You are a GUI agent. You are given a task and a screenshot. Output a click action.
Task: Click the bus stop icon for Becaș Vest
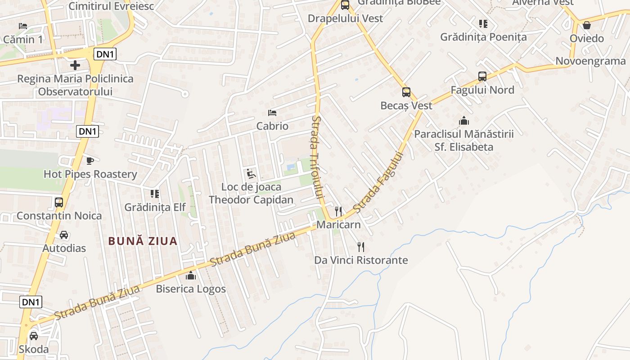coord(406,92)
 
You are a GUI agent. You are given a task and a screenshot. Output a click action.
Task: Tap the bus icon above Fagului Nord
coord(482,76)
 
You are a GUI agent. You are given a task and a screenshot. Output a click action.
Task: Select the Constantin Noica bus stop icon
coord(59,202)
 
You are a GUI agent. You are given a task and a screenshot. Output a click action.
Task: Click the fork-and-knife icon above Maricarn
coord(338,211)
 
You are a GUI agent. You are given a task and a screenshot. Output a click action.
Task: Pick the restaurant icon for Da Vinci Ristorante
coord(360,247)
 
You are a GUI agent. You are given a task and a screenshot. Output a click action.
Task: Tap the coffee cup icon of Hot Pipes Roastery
coord(90,161)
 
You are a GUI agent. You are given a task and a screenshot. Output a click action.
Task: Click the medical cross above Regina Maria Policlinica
coord(75,65)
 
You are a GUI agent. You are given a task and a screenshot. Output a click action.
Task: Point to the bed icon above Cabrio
coord(272,112)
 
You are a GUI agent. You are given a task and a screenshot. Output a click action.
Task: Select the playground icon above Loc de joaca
coord(251,174)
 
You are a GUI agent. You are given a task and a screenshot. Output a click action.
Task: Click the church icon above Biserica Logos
coord(191,275)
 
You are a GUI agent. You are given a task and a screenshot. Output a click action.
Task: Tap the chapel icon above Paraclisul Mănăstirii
coord(463,121)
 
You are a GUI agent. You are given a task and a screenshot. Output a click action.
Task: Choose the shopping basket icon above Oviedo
coord(587,25)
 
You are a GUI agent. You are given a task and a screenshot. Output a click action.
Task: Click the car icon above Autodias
coord(64,235)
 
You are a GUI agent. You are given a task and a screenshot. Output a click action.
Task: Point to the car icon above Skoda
coord(34,336)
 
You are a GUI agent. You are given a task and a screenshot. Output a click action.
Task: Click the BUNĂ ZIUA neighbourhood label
coord(143,241)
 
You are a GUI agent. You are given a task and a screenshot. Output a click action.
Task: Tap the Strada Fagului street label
coord(378,182)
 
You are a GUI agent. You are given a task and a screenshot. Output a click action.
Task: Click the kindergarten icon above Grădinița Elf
coord(155,194)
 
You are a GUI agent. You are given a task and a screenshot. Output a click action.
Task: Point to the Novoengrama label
coord(590,61)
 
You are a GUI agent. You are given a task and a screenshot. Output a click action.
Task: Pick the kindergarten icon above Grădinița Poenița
coord(483,23)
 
